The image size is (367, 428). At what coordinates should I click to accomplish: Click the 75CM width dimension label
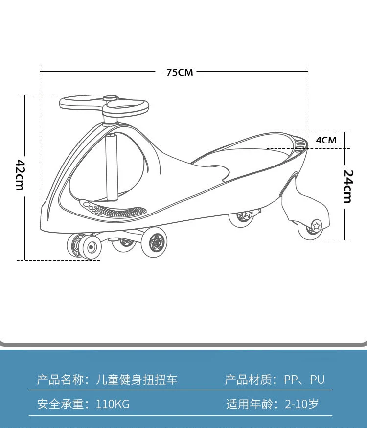pos(180,72)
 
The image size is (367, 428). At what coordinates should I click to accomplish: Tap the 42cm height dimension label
pos(20,175)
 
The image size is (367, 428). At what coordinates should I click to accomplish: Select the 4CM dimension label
pos(326,140)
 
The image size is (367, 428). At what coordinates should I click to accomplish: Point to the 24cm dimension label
pos(347,186)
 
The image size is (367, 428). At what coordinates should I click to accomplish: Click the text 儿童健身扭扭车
pos(137,380)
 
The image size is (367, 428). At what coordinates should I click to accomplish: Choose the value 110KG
pos(113,404)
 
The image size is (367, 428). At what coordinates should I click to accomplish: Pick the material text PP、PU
pos(304,380)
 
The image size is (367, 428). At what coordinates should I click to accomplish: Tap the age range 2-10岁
pos(301,404)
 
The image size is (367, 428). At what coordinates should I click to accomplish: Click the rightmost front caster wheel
pos(155,242)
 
